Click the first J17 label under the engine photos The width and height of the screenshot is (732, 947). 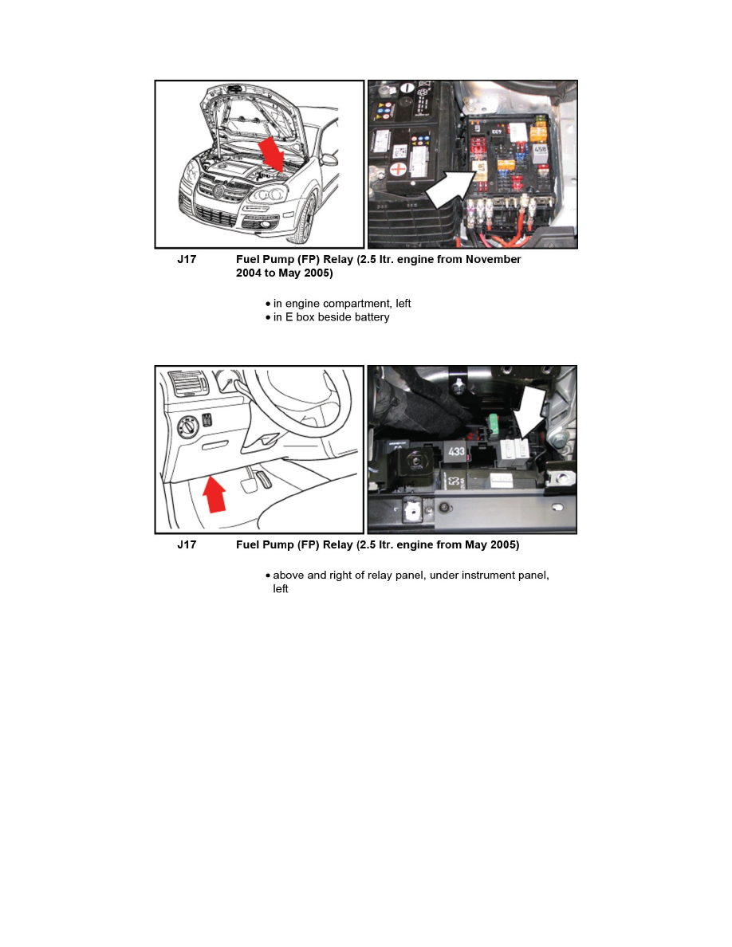(x=187, y=260)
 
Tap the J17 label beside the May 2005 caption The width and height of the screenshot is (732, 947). (x=187, y=545)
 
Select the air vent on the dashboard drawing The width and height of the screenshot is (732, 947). (x=187, y=383)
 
